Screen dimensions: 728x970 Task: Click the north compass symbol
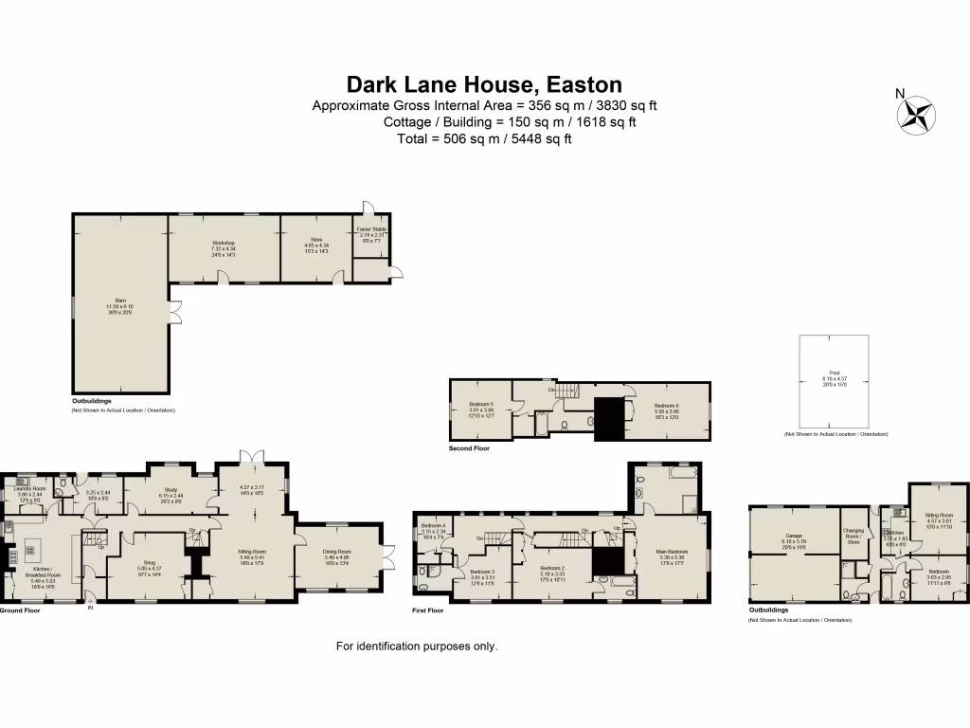(915, 115)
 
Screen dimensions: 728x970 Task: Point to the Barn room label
(120, 302)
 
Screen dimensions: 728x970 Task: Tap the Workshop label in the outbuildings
(224, 245)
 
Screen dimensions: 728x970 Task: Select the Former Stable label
(370, 231)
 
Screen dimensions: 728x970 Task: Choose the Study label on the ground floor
(171, 490)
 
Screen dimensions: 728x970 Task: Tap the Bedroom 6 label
(667, 407)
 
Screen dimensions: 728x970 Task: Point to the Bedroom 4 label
(433, 528)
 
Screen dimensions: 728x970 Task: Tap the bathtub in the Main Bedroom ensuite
(669, 469)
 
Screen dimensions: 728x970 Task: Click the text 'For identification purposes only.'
(417, 646)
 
